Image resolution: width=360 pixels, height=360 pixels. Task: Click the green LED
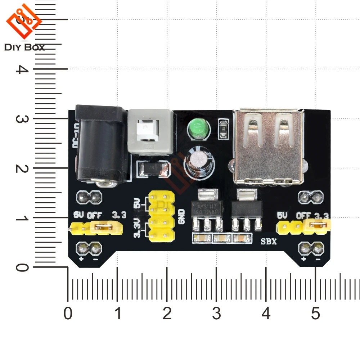[x=195, y=129]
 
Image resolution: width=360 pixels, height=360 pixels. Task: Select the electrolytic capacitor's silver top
[x=197, y=159]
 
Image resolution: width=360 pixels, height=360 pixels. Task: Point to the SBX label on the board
[x=269, y=242]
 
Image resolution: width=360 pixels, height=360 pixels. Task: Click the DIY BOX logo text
[x=25, y=48]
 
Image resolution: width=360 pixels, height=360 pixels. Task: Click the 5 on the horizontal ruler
[x=315, y=314]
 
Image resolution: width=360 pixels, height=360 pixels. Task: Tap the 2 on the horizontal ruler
[x=167, y=314]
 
